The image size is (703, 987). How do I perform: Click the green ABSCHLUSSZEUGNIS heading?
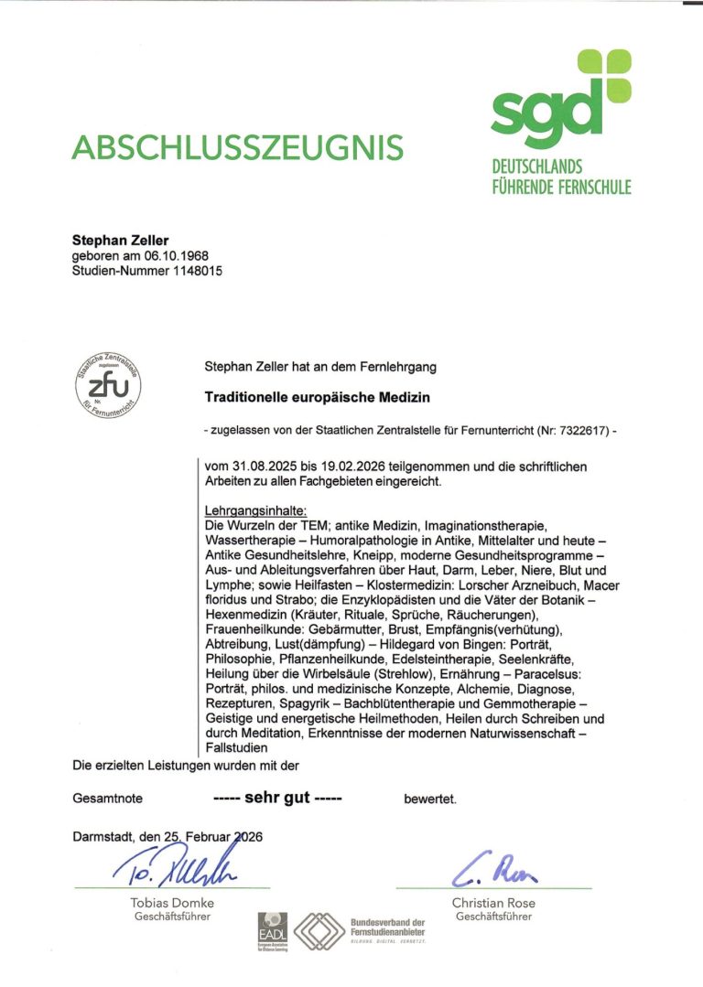click(x=237, y=146)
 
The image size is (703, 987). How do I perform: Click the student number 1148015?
click(x=191, y=271)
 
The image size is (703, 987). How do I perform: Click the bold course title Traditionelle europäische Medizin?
click(x=317, y=398)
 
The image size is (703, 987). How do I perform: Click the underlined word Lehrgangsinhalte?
click(x=255, y=510)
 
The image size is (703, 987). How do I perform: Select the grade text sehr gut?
click(x=277, y=798)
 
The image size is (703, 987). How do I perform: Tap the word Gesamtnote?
click(x=107, y=799)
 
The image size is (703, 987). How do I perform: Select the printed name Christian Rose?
click(x=494, y=903)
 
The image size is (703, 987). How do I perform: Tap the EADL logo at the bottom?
click(x=273, y=926)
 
